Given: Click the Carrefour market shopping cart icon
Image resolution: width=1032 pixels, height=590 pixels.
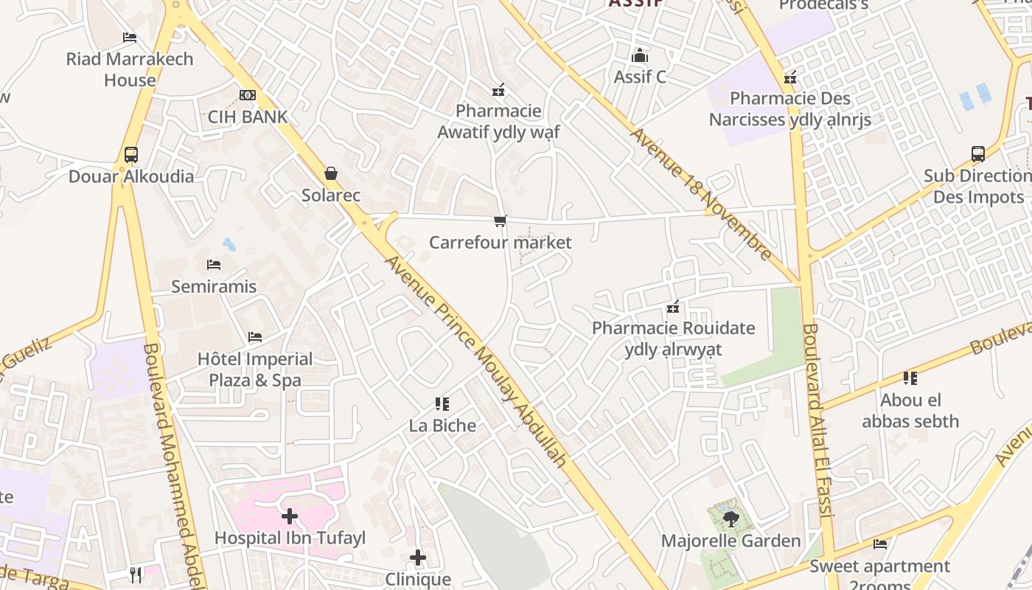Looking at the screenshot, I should click(501, 221).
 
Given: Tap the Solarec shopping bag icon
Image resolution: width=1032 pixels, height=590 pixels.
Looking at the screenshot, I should click(331, 174).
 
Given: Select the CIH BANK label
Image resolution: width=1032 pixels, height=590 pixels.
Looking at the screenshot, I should click(248, 117).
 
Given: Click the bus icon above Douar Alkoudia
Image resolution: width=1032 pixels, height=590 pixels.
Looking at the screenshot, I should click(131, 155).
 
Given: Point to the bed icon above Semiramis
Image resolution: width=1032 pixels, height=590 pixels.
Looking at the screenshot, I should click(214, 265).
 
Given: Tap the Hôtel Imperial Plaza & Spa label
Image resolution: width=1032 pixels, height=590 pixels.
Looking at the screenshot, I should click(255, 369).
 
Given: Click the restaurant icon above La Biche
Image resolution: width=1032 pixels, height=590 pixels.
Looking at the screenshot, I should click(442, 404).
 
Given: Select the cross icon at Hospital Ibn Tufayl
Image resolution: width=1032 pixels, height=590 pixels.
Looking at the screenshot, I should click(290, 516).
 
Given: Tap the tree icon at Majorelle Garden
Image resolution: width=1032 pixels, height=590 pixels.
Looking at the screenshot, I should click(731, 519).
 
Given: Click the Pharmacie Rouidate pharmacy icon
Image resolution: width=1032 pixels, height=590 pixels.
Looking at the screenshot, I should click(672, 307).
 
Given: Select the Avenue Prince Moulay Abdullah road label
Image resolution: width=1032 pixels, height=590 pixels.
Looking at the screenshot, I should click(476, 361).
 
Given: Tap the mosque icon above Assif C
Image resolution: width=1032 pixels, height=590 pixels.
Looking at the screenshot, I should click(640, 55).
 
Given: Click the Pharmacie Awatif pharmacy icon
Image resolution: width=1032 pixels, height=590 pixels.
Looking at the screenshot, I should click(498, 90).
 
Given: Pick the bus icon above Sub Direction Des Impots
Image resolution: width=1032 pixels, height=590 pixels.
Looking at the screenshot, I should click(978, 155).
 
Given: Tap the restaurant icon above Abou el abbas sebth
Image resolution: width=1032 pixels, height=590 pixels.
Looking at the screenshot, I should click(910, 379).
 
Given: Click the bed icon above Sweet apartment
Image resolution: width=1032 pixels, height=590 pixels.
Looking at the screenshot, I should click(880, 544).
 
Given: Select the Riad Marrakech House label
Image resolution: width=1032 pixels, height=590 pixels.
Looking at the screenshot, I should click(130, 69).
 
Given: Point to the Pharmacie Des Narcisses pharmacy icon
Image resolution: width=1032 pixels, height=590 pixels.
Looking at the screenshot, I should click(790, 77).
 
